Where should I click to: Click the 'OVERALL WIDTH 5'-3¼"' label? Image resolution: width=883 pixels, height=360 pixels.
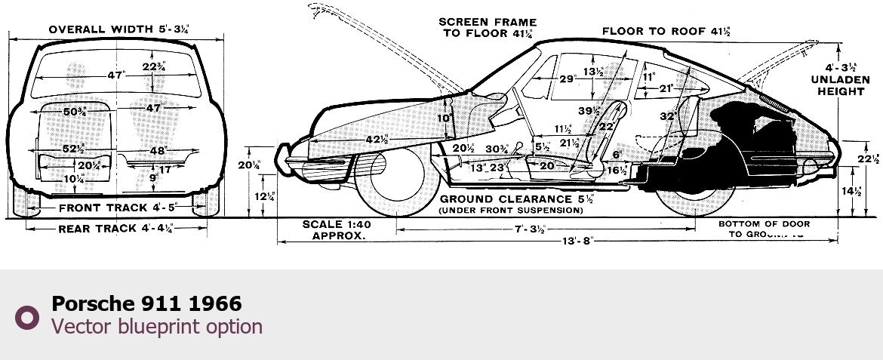pyautogui.click(x=118, y=29)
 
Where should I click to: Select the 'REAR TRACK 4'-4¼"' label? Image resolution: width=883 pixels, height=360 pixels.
pyautogui.click(x=115, y=229)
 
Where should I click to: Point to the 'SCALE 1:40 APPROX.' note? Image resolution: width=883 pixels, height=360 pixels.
pyautogui.click(x=333, y=229)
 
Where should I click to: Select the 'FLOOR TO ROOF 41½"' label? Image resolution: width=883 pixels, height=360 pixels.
pyautogui.click(x=666, y=31)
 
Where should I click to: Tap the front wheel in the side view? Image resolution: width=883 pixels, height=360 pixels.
pyautogui.click(x=392, y=185)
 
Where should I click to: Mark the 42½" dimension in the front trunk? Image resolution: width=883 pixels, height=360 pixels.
pyautogui.click(x=377, y=140)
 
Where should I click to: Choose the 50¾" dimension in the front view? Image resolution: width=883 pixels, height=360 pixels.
pyautogui.click(x=75, y=112)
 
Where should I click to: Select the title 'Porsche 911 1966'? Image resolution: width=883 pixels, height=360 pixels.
pyautogui.click(x=146, y=304)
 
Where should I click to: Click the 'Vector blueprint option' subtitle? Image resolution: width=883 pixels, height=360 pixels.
pyautogui.click(x=157, y=326)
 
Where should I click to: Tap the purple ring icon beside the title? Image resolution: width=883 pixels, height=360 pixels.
pyautogui.click(x=28, y=317)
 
